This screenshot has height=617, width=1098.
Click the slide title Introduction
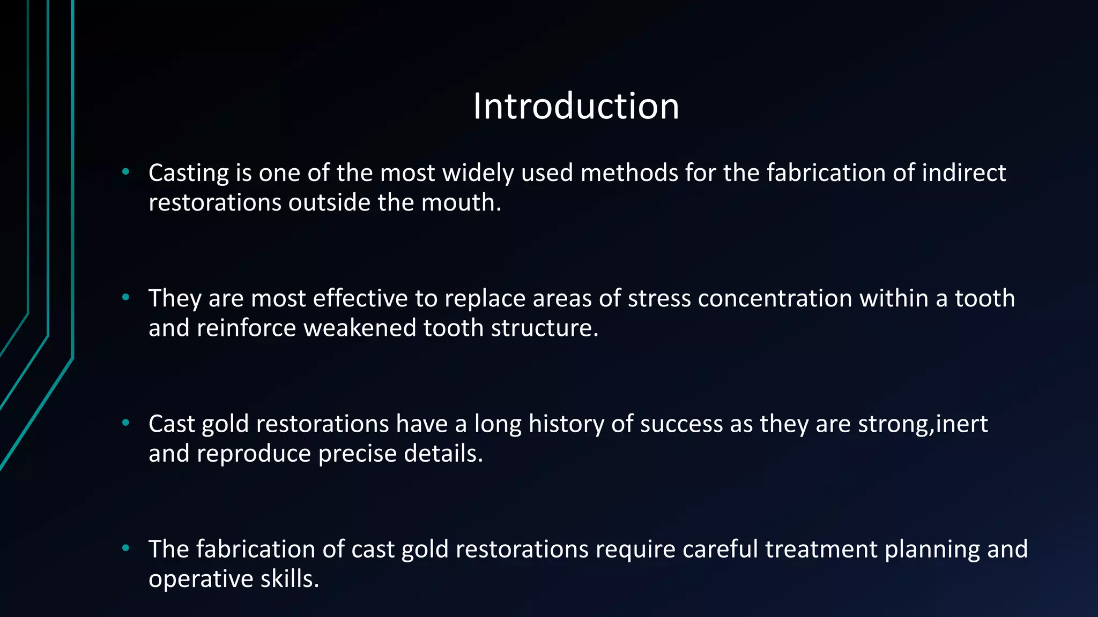(576, 106)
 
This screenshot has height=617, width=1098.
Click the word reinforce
(246, 328)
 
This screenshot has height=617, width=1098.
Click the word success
(681, 424)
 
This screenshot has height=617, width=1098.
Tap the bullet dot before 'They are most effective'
(126, 297)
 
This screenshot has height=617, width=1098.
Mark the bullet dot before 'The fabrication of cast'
(126, 548)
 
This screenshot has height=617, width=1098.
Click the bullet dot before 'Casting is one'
(126, 172)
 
